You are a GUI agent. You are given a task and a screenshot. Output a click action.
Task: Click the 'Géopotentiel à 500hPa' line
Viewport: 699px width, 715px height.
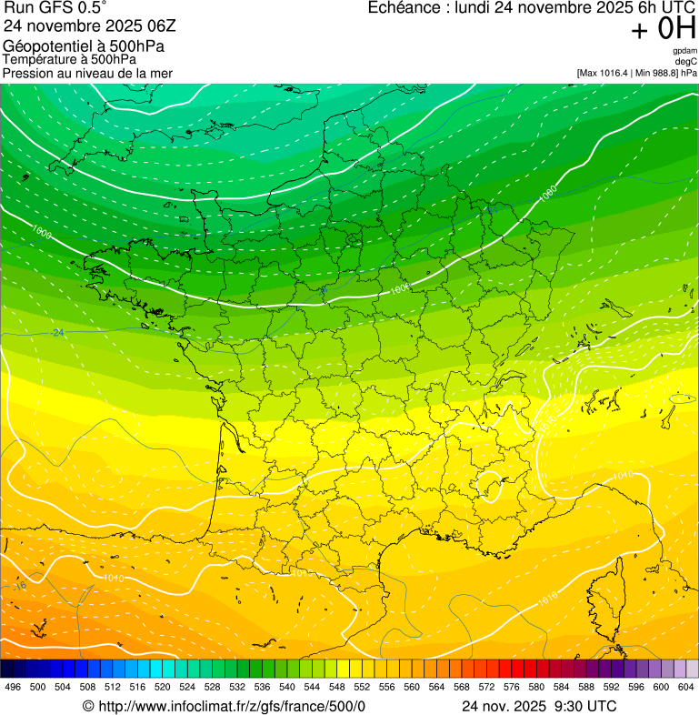point(84,46)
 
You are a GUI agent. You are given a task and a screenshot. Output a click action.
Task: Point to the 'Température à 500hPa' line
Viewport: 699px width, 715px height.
point(69,59)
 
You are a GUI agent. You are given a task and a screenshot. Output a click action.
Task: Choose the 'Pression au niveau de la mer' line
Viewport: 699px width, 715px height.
point(87,73)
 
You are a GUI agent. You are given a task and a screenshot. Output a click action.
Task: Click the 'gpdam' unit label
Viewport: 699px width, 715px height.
point(684,51)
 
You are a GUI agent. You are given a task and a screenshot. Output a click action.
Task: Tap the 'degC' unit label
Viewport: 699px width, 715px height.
point(686,62)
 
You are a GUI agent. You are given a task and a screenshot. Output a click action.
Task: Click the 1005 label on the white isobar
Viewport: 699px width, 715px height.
point(401,288)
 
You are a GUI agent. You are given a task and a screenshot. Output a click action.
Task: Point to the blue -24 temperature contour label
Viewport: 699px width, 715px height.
point(57,332)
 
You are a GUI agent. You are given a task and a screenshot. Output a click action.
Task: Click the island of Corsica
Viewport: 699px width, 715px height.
point(617,594)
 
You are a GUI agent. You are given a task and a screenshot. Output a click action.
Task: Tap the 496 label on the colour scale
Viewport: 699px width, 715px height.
point(13,686)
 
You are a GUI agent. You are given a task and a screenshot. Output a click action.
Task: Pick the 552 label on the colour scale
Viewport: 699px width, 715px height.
point(362,686)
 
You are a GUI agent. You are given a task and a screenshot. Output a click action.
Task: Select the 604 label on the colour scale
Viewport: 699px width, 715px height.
point(686,686)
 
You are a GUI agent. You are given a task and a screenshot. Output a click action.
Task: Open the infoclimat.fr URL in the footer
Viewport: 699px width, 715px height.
point(231,706)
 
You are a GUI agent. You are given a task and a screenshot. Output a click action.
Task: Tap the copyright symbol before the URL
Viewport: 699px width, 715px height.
point(88,706)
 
